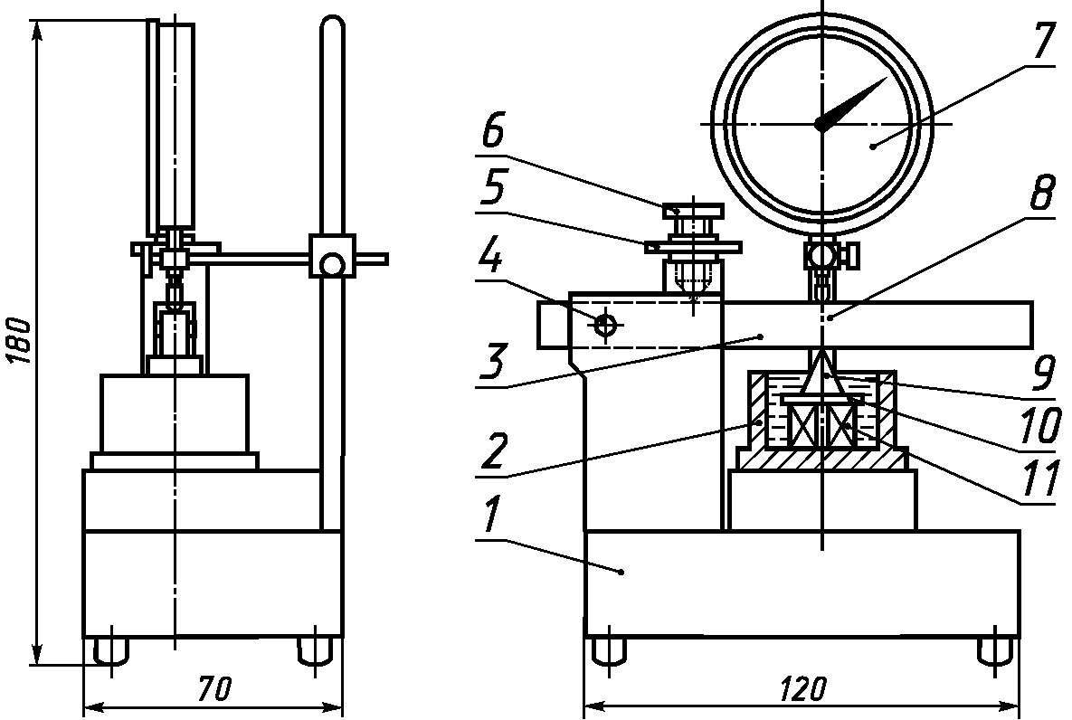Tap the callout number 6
point(493,132)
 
